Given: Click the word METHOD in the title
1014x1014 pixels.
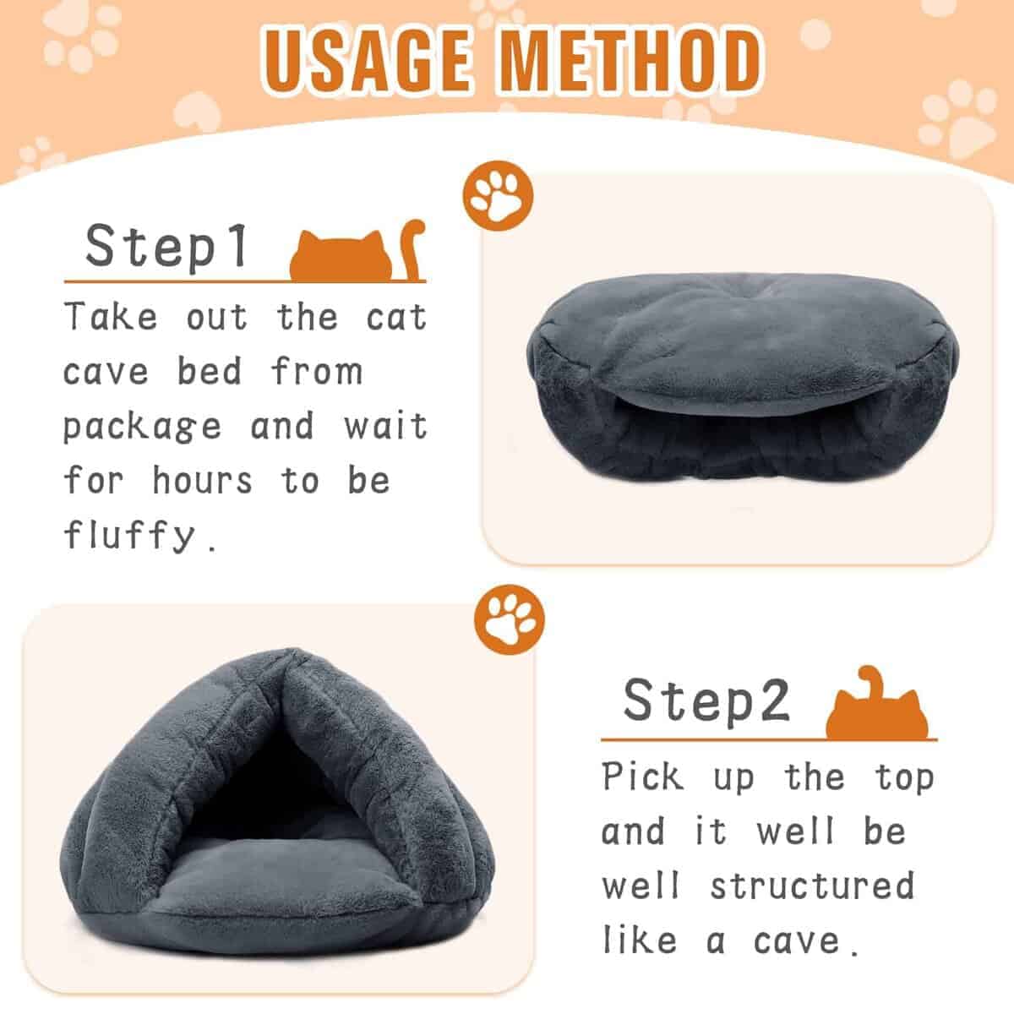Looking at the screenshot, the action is tap(629, 61).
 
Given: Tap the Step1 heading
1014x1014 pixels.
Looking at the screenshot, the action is tap(166, 246).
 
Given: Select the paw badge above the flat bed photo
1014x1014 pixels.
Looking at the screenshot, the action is tap(498, 196).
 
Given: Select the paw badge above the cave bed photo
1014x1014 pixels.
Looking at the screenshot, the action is tap(510, 620).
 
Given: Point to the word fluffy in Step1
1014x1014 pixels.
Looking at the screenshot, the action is tap(130, 535).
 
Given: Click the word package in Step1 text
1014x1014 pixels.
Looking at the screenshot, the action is tap(142, 427).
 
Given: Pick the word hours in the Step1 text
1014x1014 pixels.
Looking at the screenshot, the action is tap(203, 480).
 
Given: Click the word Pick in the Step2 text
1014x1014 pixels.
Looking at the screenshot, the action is tap(642, 776).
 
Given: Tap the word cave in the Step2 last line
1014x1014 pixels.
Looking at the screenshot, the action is tap(796, 941).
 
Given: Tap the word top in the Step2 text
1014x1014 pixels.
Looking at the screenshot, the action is tap(904, 777).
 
